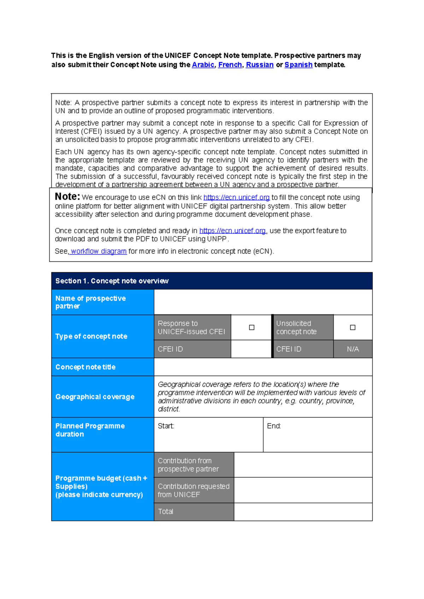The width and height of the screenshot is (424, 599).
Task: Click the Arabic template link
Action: (x=203, y=65)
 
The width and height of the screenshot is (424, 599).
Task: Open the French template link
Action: (x=230, y=65)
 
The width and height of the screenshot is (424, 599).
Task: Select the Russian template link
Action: (x=259, y=65)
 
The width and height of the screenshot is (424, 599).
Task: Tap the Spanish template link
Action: (x=298, y=65)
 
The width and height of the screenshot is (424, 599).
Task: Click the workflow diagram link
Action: (x=98, y=251)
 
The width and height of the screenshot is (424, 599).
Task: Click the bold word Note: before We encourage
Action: (x=67, y=197)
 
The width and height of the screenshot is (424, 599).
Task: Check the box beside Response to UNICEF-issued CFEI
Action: (x=252, y=327)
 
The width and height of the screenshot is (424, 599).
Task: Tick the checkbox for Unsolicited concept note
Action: (x=352, y=327)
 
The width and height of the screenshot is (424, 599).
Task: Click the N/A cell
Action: (x=353, y=349)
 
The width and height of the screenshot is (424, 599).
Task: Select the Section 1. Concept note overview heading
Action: (x=112, y=281)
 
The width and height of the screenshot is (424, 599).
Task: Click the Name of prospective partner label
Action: (x=90, y=302)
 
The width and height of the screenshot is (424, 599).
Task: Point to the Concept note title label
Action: (x=85, y=367)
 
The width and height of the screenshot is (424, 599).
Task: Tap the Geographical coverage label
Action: (x=95, y=397)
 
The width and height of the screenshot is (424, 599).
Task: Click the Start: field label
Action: (x=166, y=426)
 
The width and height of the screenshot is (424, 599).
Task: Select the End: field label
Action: (x=274, y=426)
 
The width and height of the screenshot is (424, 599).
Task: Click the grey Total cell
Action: (x=194, y=512)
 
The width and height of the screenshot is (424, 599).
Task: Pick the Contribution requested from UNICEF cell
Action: (x=194, y=491)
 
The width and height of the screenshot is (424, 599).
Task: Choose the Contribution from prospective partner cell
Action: (x=194, y=465)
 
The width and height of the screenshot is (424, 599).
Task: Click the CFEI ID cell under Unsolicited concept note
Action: (x=303, y=349)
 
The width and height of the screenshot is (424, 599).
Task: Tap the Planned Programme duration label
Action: (x=90, y=430)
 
